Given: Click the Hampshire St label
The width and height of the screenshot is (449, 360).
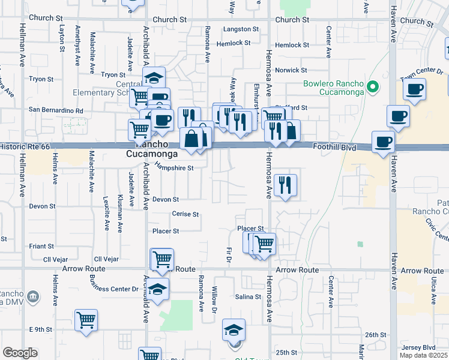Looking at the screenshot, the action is click(174, 168).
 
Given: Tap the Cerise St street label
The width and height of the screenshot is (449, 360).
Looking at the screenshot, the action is click(185, 214).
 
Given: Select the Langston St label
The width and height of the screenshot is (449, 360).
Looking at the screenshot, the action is click(240, 29).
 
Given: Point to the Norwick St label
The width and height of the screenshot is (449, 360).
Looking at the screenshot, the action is click(291, 70).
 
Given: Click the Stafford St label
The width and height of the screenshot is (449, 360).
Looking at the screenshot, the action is click(295, 108).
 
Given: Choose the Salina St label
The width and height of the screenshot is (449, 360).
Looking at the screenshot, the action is click(248, 297).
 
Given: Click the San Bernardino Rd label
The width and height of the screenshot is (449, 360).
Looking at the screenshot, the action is click(56, 110).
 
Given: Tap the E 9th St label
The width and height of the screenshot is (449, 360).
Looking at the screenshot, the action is click(41, 329).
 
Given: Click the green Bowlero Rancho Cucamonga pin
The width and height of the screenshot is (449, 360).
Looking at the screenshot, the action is click(373, 87).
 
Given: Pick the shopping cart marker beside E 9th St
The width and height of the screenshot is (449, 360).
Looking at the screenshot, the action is click(86, 320).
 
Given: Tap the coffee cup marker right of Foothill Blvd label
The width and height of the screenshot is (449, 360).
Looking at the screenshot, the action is click(383, 142).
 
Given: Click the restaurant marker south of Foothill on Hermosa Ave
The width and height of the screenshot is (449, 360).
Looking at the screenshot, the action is click(285, 184).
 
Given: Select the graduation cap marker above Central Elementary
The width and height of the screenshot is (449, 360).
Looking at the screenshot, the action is click(154, 77).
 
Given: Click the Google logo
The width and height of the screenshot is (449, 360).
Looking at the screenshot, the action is click(20, 353).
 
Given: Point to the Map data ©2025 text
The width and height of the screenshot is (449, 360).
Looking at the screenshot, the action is click(424, 355).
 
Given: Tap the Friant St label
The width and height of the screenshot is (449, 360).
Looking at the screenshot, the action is click(41, 246).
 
